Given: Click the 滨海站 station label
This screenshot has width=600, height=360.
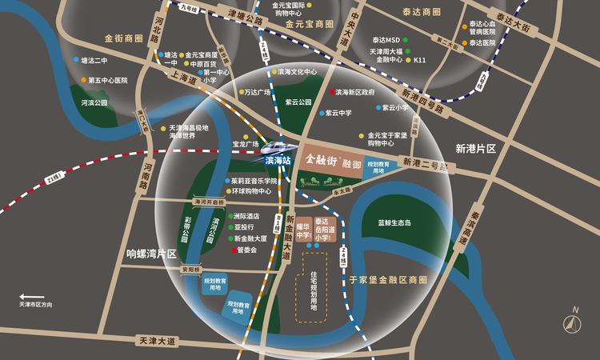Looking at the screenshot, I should click(x=277, y=161).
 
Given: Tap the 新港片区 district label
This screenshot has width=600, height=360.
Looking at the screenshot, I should click(x=476, y=149).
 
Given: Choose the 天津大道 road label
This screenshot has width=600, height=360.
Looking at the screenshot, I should click(x=155, y=341).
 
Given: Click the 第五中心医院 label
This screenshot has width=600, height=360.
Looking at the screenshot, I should click(x=108, y=80).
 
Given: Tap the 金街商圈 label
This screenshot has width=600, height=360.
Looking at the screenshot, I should click(x=122, y=38).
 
